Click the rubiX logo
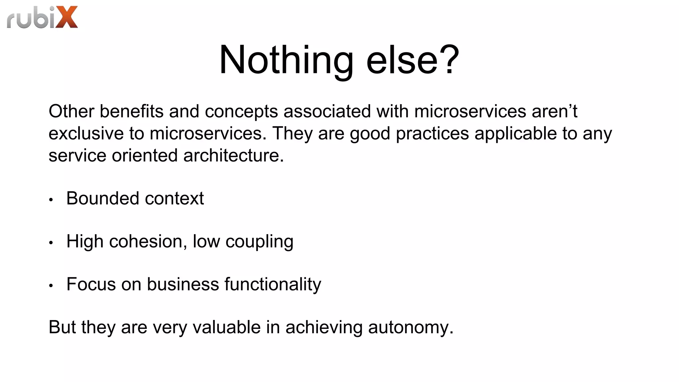point(42,17)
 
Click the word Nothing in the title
point(286,60)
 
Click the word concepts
point(241,112)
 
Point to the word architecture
point(233,156)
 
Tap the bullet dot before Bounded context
point(51,200)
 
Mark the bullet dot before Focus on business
point(51,286)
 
